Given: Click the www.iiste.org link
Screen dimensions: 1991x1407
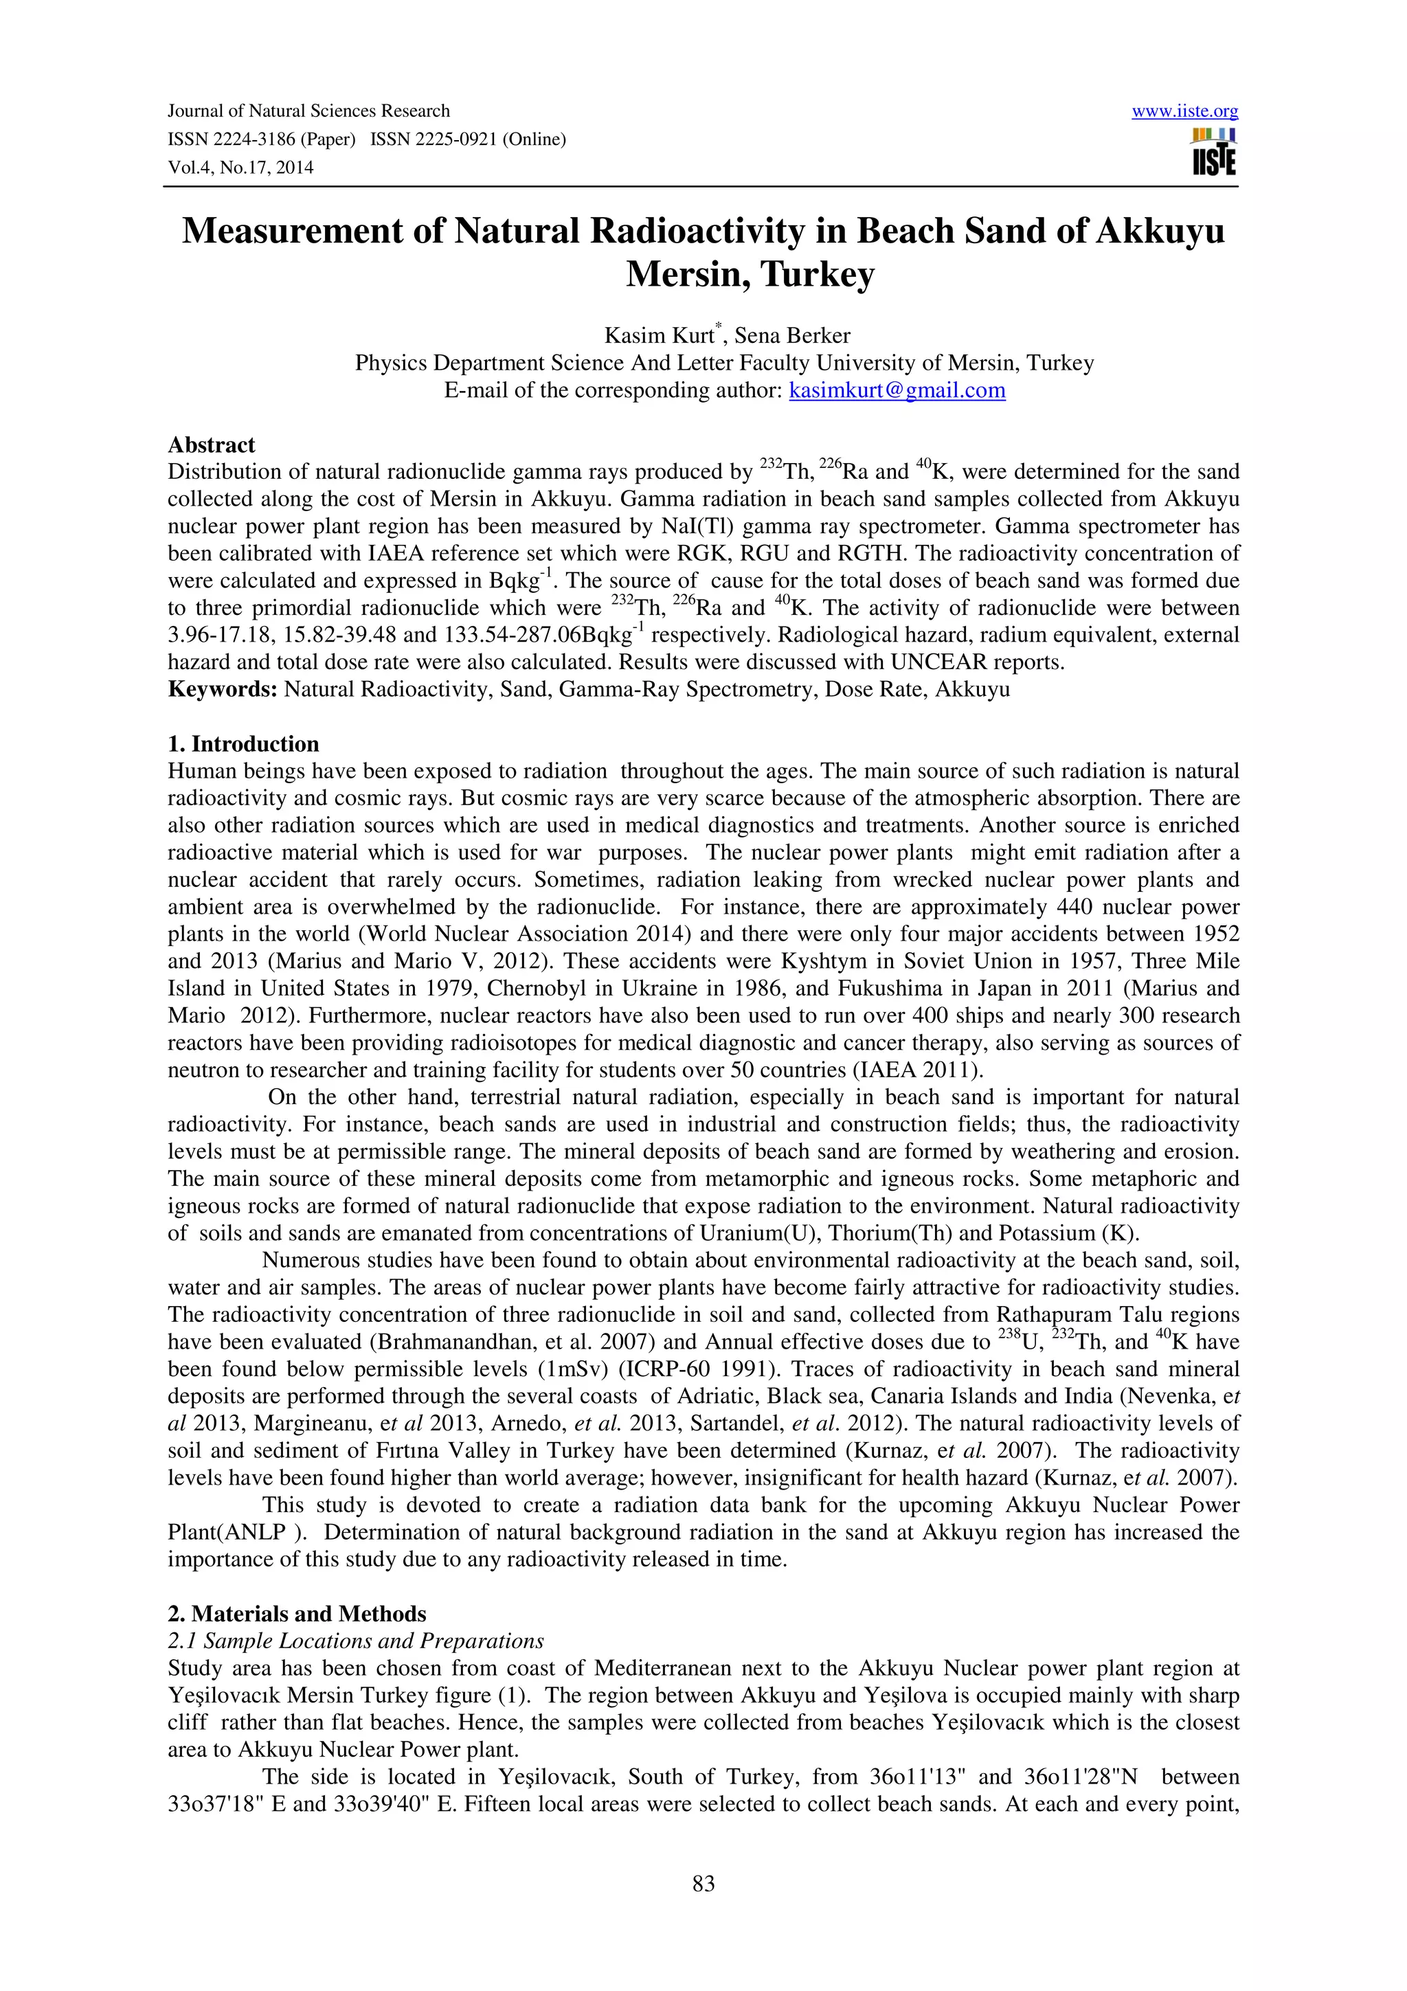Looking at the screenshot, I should (1184, 112).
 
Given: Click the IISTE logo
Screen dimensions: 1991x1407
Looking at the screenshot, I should (1214, 153).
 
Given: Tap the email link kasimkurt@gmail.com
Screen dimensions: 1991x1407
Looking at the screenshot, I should (897, 390).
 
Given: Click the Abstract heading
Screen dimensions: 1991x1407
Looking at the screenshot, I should (212, 445).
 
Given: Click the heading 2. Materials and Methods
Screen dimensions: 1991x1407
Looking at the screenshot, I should (297, 1614).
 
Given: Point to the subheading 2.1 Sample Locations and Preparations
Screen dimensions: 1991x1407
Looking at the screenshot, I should (355, 1641).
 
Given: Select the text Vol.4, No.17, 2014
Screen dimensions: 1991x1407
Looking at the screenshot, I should (240, 168).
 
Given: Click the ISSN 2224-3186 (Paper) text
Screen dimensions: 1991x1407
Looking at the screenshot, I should (261, 139).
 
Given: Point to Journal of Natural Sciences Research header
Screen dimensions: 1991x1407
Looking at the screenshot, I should (308, 111).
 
